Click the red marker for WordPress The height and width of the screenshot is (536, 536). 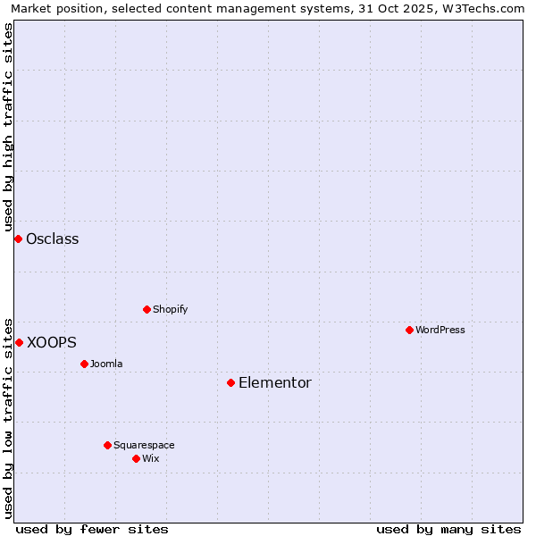point(409,330)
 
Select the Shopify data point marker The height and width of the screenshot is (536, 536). point(147,309)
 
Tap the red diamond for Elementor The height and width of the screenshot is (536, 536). point(230,382)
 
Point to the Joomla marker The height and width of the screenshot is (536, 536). point(84,364)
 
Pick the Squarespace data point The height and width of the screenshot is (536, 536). point(107,445)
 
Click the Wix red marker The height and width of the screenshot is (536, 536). point(136,458)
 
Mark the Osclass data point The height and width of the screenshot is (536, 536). point(18,239)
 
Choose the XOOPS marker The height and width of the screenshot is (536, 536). point(19,342)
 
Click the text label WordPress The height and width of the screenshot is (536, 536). point(440,330)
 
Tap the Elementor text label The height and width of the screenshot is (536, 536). point(275,382)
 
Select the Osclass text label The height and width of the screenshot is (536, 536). point(53,239)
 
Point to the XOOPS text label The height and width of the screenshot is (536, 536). point(52,342)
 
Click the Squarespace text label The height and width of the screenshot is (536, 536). point(144,445)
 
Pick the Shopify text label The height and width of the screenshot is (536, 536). point(170,309)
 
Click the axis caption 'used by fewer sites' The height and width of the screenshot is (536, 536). point(92,529)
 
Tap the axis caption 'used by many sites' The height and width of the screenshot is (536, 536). point(448,529)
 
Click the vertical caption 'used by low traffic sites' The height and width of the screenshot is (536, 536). point(8,417)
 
